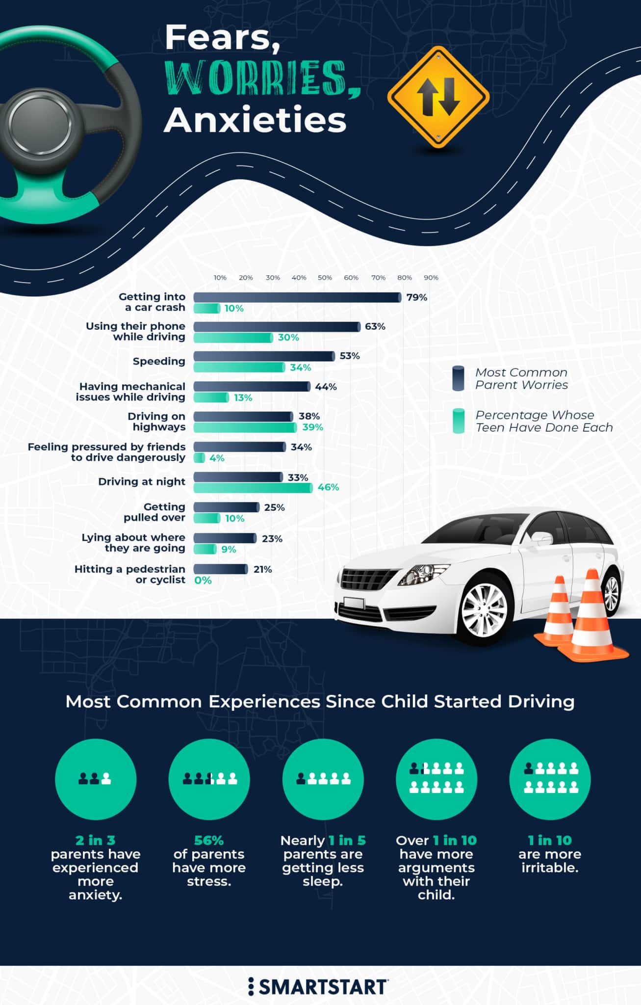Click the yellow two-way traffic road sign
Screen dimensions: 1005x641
[438, 97]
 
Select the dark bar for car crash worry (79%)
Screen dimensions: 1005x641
[297, 297]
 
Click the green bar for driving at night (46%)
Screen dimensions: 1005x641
[253, 488]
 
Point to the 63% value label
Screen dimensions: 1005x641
[375, 326]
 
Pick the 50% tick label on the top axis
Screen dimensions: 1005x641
[325, 278]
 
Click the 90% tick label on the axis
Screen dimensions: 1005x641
[431, 278]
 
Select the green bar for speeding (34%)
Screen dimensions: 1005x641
[239, 368]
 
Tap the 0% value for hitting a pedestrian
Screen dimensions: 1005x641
[203, 581]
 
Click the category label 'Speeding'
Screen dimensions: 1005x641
[159, 361]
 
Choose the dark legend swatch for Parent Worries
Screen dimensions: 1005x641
[458, 378]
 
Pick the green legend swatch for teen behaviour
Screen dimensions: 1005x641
[458, 421]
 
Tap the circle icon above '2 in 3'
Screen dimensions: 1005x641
[96, 779]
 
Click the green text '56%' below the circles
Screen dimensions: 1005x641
[208, 840]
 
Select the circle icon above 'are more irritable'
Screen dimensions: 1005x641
[550, 779]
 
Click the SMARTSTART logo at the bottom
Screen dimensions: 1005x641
[318, 986]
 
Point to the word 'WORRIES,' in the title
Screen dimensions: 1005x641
[262, 78]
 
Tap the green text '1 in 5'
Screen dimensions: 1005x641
[347, 840]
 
